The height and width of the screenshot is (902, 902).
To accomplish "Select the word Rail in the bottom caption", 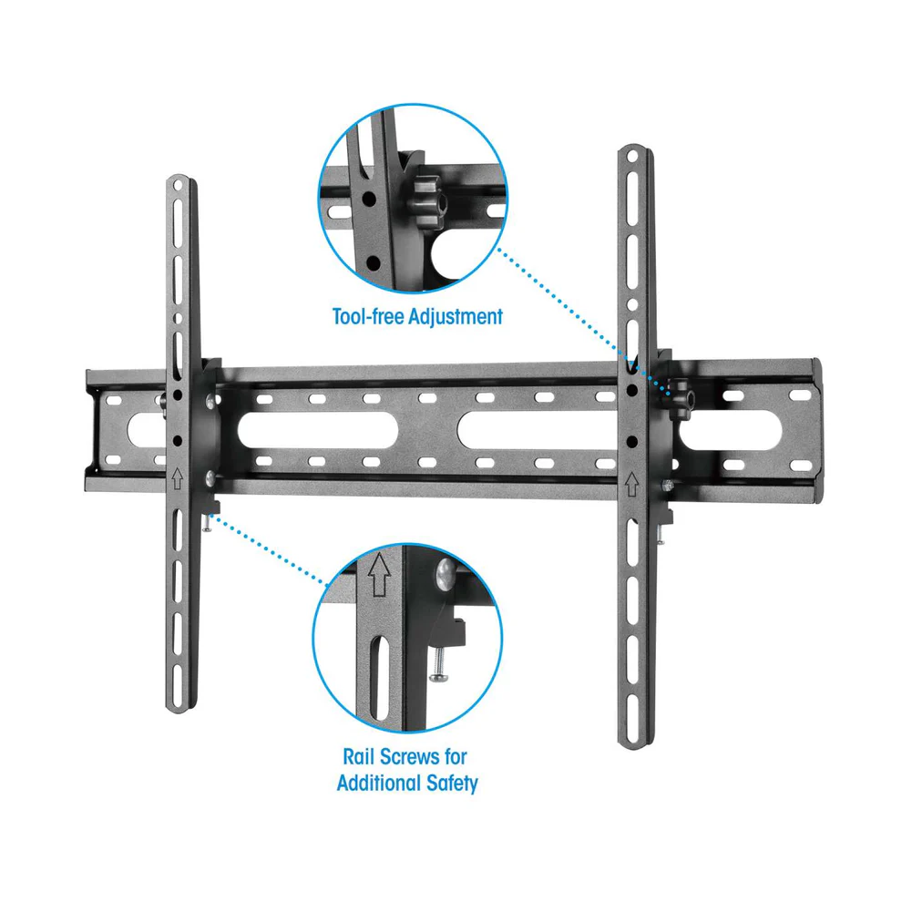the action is (358, 756).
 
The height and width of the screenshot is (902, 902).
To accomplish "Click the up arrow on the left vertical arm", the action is (177, 478).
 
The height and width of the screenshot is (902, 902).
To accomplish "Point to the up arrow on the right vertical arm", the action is (631, 484).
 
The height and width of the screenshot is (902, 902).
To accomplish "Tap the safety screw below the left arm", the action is (207, 522).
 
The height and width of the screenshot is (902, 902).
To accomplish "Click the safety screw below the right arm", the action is (661, 535).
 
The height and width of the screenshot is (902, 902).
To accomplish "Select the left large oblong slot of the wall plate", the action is (318, 430).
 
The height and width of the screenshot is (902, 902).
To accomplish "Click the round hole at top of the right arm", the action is (632, 155).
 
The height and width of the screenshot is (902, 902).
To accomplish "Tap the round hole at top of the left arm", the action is (178, 185).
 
